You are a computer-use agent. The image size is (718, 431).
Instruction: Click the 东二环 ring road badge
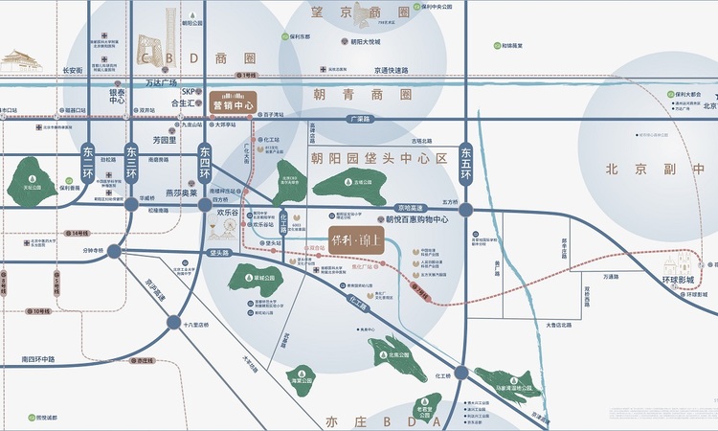click(87, 153)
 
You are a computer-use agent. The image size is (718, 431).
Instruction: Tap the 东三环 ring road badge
click(131, 153)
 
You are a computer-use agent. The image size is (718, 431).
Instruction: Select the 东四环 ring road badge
click(204, 153)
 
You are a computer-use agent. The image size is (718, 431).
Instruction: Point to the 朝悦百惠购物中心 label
click(417, 219)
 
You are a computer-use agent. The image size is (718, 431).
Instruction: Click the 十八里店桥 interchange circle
click(173, 323)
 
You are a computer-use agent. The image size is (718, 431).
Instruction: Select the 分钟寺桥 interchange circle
click(114, 251)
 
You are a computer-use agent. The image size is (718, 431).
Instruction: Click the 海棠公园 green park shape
click(304, 378)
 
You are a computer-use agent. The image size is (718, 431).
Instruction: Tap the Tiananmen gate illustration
click(21, 60)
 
